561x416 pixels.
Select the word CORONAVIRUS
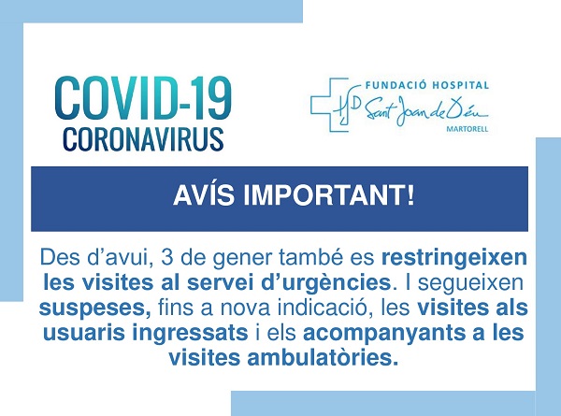point(142,137)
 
